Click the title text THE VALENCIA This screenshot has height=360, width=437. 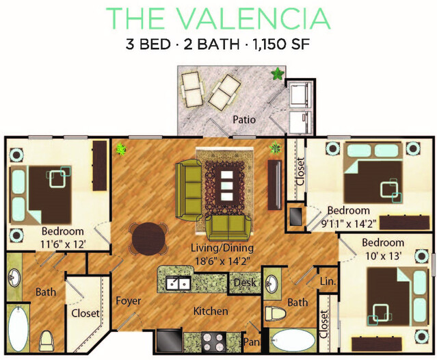[x=218, y=18]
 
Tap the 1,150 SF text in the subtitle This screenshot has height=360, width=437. [x=281, y=44]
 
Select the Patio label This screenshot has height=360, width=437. [x=244, y=120]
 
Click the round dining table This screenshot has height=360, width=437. [x=148, y=238]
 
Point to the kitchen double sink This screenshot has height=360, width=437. [x=178, y=283]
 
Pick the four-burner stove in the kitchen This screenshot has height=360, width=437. [x=214, y=342]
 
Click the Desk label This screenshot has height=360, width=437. [x=245, y=283]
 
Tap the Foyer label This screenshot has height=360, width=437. [x=129, y=301]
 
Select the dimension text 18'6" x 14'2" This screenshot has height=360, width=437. [x=222, y=261]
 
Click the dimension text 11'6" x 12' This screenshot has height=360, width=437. [x=63, y=244]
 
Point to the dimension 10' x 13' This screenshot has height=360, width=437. [x=383, y=256]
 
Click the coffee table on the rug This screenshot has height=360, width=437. [x=227, y=185]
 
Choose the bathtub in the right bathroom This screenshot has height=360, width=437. [x=293, y=340]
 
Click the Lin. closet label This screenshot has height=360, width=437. [x=328, y=281]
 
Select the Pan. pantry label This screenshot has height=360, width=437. [x=252, y=342]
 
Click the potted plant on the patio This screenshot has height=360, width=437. [x=278, y=74]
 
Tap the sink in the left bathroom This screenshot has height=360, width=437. [x=14, y=277]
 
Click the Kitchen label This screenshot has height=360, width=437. [x=211, y=311]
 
